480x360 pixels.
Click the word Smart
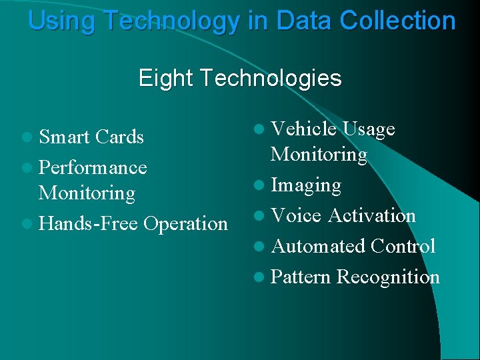point(65,137)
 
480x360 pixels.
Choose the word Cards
point(119,137)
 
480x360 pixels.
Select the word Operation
point(185,224)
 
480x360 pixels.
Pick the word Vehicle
point(302,129)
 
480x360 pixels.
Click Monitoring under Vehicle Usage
point(319,155)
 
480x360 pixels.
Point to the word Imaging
point(306,185)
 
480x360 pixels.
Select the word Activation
point(372,215)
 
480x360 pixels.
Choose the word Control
point(403,246)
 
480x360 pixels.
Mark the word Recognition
point(388,277)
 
